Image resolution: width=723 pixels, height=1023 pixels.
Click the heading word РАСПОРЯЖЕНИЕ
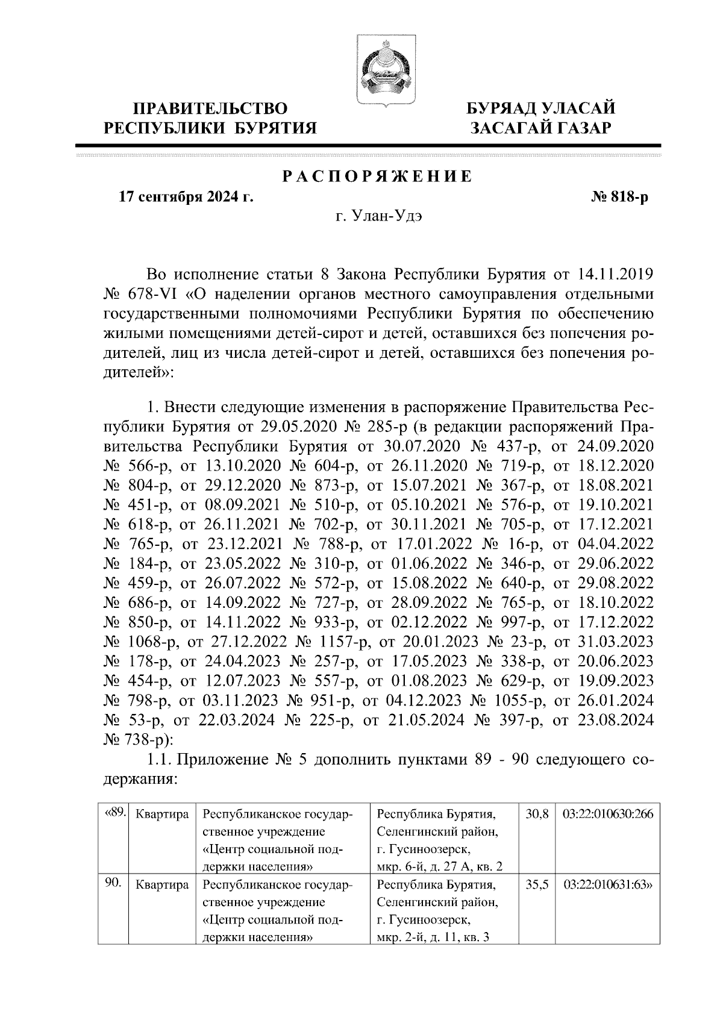click(x=377, y=177)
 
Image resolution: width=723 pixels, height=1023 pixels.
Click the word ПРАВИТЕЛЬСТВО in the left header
click(x=211, y=108)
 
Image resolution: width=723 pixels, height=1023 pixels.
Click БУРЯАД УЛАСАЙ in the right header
click(x=542, y=108)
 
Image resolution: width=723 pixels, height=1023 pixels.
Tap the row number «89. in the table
click(x=114, y=812)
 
